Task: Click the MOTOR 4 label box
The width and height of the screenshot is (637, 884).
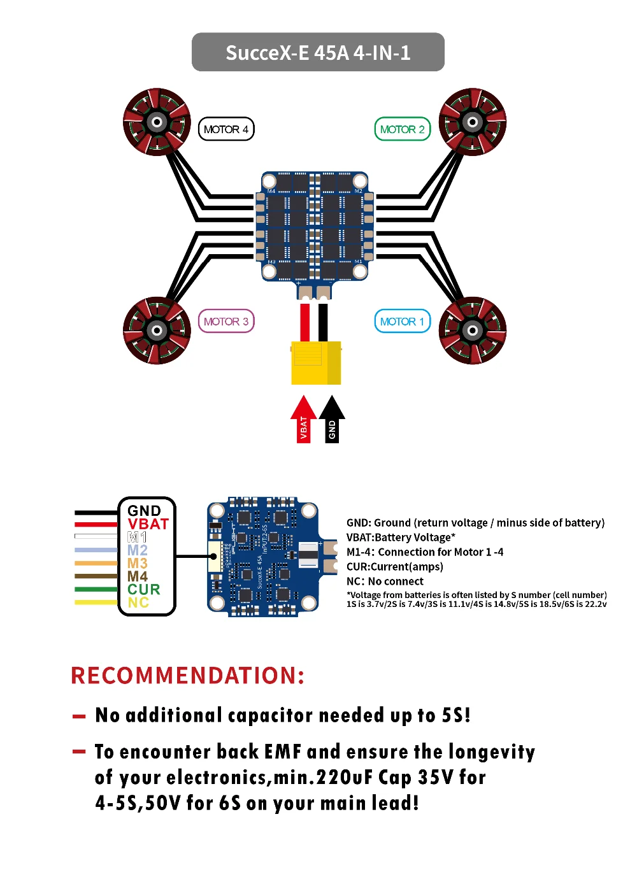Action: tap(226, 129)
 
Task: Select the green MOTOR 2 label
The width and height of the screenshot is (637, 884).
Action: tap(402, 129)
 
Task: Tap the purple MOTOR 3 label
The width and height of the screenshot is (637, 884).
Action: tap(226, 322)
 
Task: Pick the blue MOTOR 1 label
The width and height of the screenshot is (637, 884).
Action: tap(402, 322)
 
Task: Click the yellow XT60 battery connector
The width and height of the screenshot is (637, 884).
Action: tap(316, 363)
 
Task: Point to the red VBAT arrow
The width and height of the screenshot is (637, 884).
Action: tap(304, 420)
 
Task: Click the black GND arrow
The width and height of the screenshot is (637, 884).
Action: tap(332, 420)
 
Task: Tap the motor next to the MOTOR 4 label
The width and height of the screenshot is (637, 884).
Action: tap(157, 122)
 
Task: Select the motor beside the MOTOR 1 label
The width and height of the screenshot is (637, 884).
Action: tap(473, 330)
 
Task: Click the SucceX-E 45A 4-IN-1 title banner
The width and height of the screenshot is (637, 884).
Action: tap(318, 52)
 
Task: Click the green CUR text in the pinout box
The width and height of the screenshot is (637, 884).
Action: tap(144, 590)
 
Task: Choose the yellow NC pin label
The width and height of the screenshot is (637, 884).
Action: tap(138, 603)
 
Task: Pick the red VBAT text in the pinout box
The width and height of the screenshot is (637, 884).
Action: tap(148, 524)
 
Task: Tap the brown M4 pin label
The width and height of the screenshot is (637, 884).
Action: tap(138, 576)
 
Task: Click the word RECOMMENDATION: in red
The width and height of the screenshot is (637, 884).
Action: tap(188, 676)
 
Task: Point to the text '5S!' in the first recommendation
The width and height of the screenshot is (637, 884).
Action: tap(456, 715)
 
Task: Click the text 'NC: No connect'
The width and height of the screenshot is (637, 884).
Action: tap(385, 581)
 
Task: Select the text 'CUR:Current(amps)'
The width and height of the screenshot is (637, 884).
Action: tap(395, 567)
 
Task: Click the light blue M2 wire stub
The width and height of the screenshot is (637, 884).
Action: tap(96, 550)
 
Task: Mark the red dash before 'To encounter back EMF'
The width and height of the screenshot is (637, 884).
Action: tap(79, 752)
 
